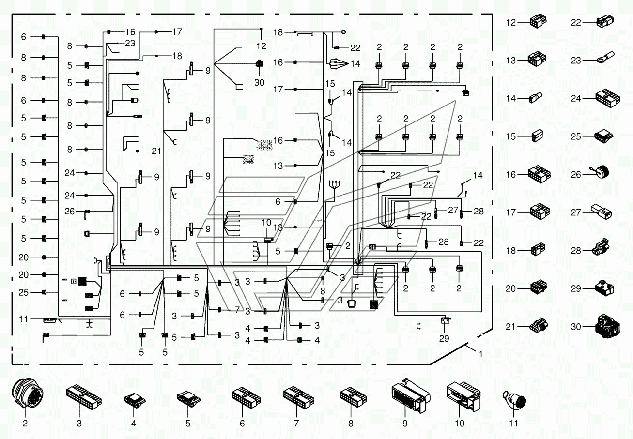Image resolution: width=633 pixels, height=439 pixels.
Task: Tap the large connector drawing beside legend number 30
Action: pyautogui.click(x=607, y=326)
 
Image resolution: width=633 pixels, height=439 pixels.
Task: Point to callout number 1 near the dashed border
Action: pyautogui.click(x=481, y=354)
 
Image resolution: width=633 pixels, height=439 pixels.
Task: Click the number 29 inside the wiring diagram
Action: pyautogui.click(x=444, y=338)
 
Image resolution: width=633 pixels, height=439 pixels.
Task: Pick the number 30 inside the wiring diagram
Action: pyautogui.click(x=259, y=82)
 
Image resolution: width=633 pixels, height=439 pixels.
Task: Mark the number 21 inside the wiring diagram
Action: pyautogui.click(x=156, y=151)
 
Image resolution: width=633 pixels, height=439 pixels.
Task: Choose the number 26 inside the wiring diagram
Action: pyautogui.click(x=70, y=212)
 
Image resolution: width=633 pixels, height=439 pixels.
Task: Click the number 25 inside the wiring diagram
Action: pyautogui.click(x=23, y=292)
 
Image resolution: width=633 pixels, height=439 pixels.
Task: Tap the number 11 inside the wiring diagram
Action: pyautogui.click(x=23, y=319)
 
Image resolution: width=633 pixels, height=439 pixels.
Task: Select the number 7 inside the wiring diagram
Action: pyautogui.click(x=237, y=310)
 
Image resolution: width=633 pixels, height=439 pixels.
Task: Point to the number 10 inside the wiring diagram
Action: pyautogui.click(x=266, y=223)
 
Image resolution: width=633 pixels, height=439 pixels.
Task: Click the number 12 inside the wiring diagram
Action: pyautogui.click(x=262, y=46)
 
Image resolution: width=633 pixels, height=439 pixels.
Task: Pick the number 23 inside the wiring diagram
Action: pyautogui.click(x=130, y=43)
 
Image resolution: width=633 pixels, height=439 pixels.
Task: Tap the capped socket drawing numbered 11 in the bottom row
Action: pyautogui.click(x=514, y=400)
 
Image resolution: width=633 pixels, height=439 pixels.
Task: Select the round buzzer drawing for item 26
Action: pyautogui.click(x=600, y=171)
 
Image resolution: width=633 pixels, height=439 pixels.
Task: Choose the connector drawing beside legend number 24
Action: pyautogui.click(x=607, y=98)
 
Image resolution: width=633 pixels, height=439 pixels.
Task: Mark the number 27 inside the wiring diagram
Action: pyautogui.click(x=453, y=210)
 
